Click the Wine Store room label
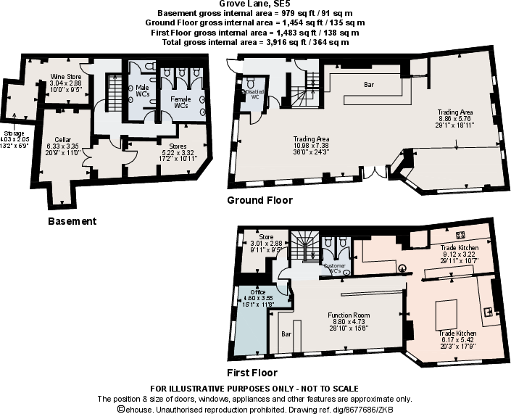(x=65, y=77)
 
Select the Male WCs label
(x=143, y=90)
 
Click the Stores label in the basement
(x=177, y=146)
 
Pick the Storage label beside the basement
(x=14, y=134)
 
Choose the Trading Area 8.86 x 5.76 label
(x=455, y=112)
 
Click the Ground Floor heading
(x=259, y=200)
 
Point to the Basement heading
(x=71, y=221)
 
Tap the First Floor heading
(x=252, y=373)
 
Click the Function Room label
(x=349, y=315)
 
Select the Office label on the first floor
(x=257, y=292)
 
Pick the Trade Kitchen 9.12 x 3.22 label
(x=460, y=248)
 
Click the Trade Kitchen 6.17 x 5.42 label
(x=457, y=333)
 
